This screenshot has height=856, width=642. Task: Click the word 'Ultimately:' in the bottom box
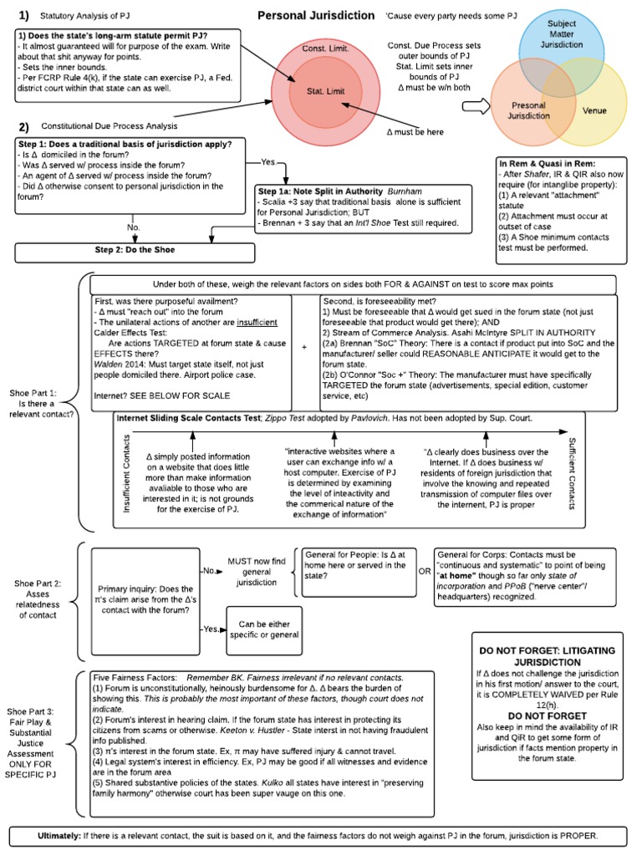pyautogui.click(x=65, y=836)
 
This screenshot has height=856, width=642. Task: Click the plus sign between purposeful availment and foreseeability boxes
pyautogui.click(x=304, y=345)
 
